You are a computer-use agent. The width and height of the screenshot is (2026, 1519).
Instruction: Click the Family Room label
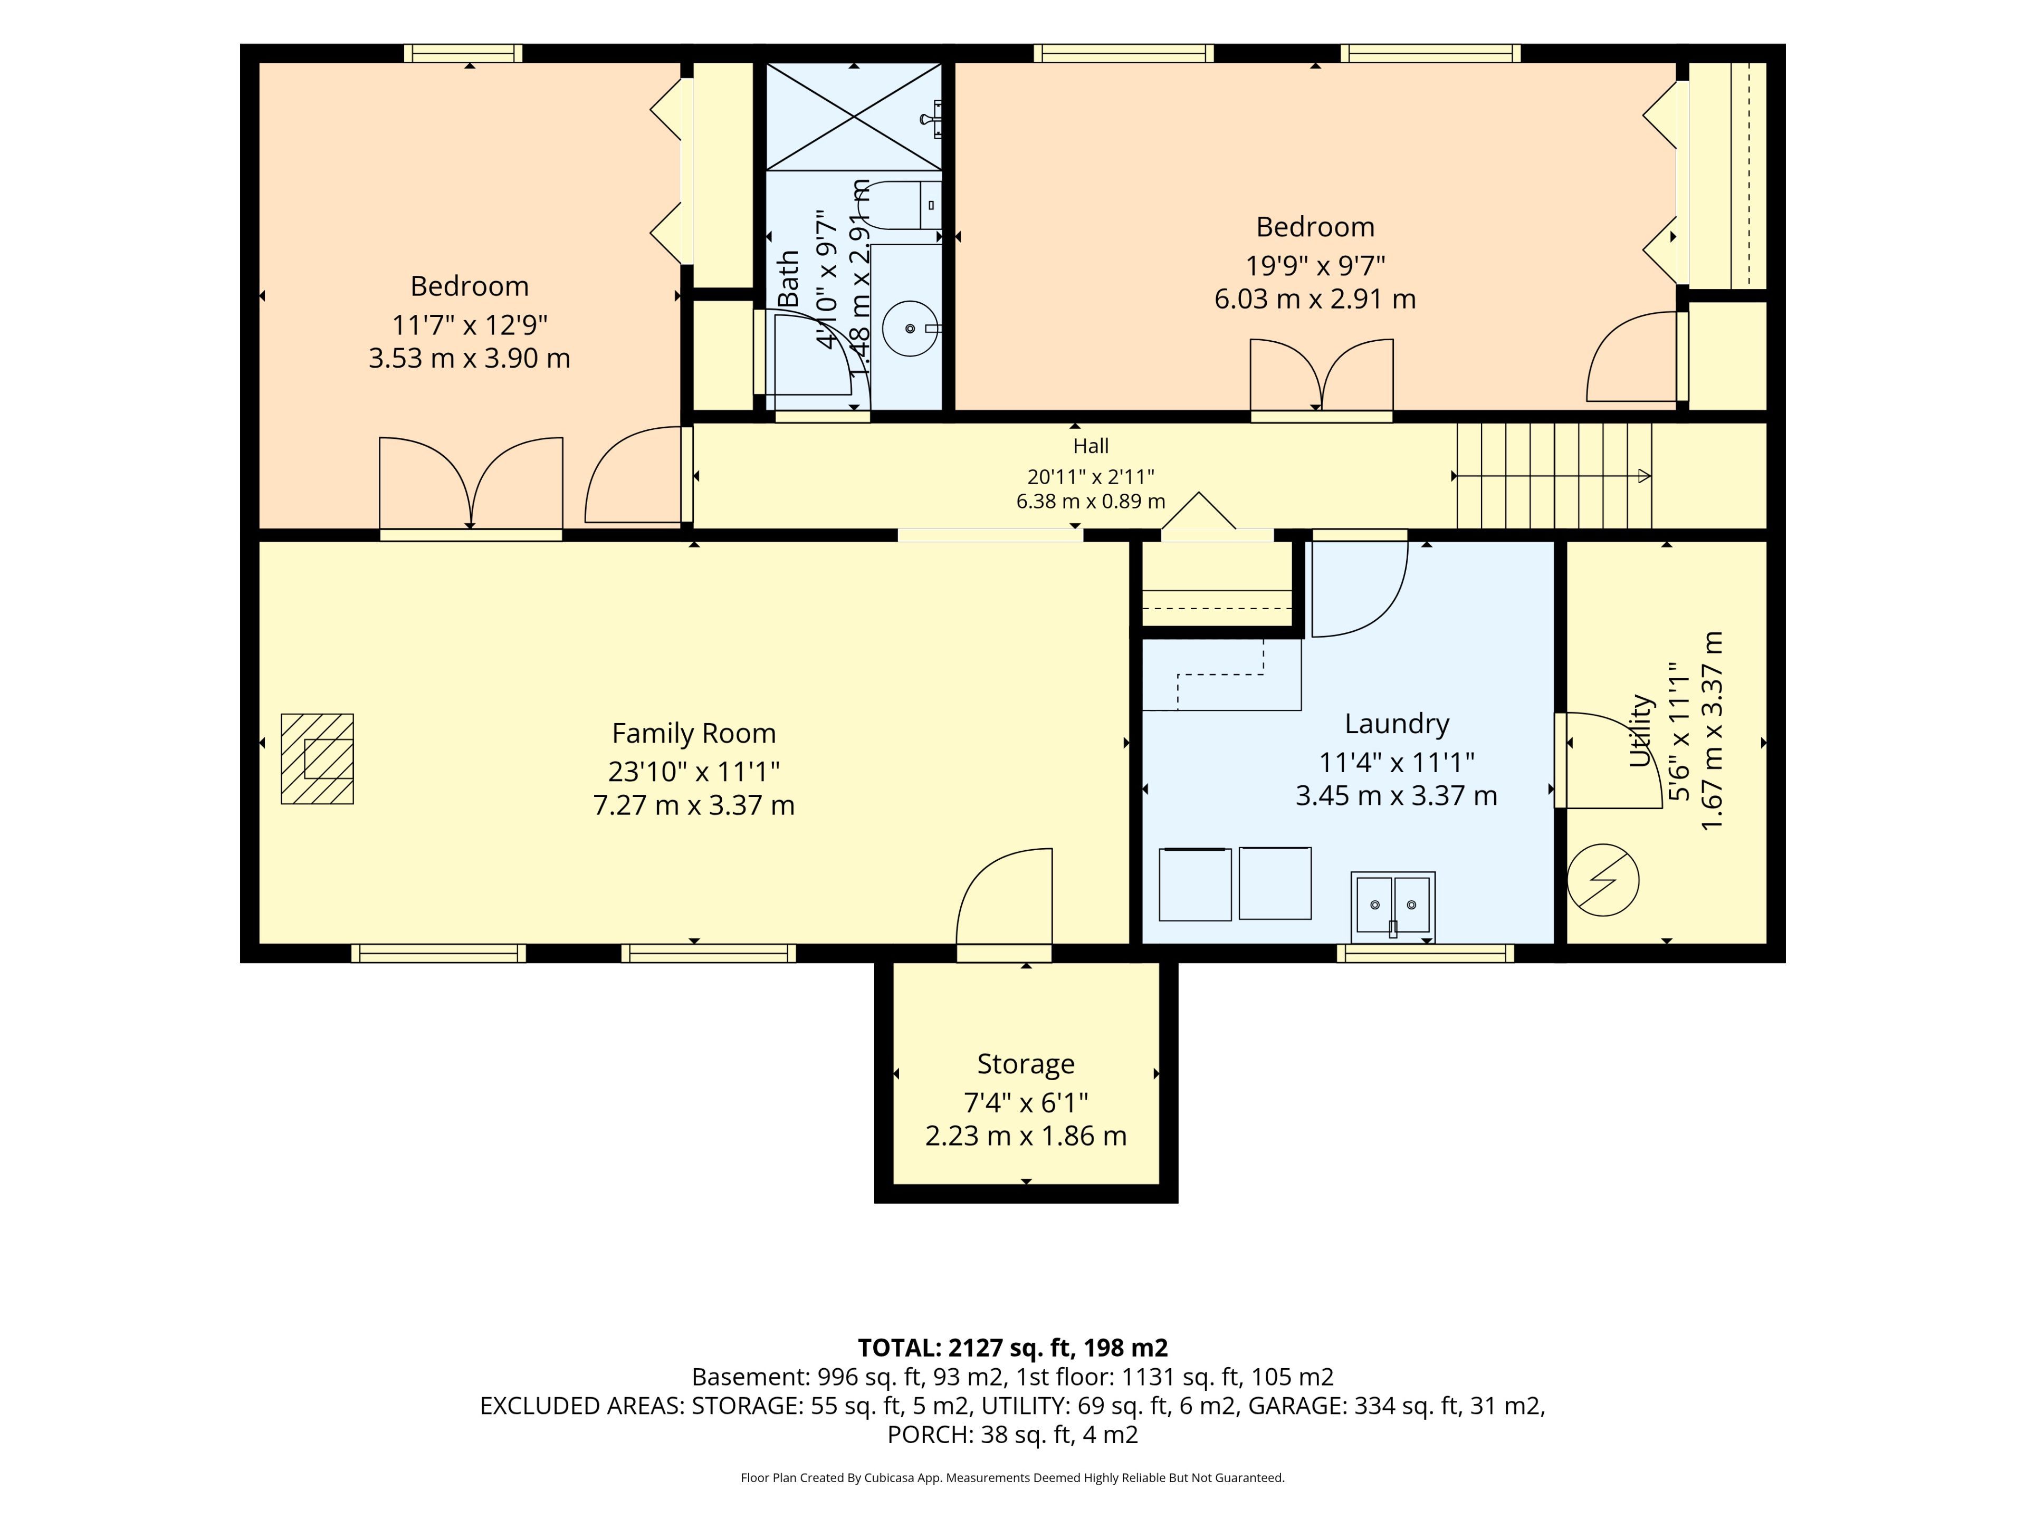pyautogui.click(x=693, y=734)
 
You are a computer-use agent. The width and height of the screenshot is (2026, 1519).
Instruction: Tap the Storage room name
pyautogui.click(x=1026, y=1064)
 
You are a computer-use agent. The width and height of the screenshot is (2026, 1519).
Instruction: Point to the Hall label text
pyautogui.click(x=1091, y=446)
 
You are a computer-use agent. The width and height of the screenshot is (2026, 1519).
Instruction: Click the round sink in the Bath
pyautogui.click(x=911, y=328)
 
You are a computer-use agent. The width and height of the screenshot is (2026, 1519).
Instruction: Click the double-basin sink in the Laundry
pyautogui.click(x=1393, y=907)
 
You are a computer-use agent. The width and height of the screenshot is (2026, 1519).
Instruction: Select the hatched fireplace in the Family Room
pyautogui.click(x=317, y=759)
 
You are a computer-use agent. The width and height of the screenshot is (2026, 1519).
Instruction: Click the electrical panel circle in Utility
pyautogui.click(x=1603, y=880)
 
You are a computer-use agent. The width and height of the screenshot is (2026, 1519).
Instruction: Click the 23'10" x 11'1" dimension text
pyautogui.click(x=693, y=772)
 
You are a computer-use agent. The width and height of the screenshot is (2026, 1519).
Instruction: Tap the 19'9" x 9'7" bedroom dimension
pyautogui.click(x=1315, y=265)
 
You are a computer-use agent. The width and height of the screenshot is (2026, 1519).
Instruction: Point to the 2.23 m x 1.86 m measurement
pyautogui.click(x=1026, y=1136)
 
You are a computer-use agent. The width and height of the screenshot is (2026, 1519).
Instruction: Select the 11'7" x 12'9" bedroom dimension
pyautogui.click(x=470, y=325)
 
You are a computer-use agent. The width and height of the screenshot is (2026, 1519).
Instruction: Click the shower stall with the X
pyautogui.click(x=854, y=116)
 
